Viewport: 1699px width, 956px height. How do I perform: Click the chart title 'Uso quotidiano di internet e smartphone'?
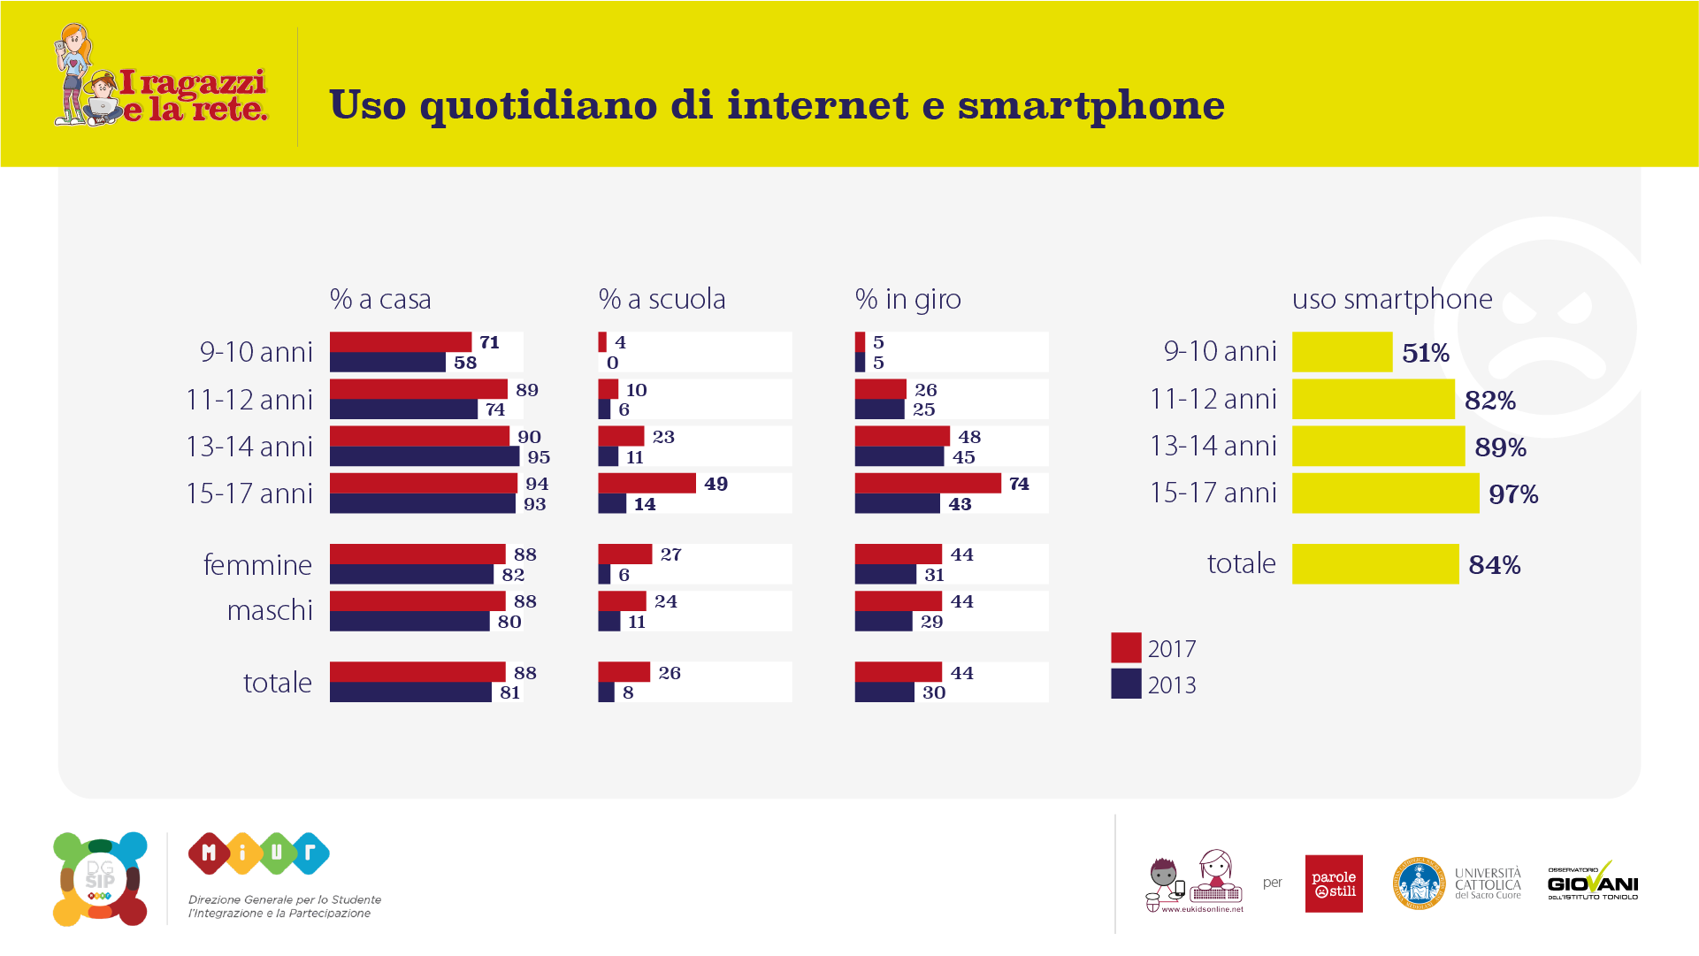click(x=777, y=105)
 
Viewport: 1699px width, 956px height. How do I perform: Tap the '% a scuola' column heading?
click(x=662, y=299)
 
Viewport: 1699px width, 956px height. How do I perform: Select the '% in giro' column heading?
click(x=907, y=299)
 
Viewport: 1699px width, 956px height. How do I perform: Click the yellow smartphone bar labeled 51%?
click(x=1342, y=352)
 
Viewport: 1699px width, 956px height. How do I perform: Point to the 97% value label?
click(x=1512, y=494)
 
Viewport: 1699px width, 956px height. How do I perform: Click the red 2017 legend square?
click(x=1126, y=647)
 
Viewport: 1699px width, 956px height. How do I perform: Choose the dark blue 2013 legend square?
click(x=1126, y=684)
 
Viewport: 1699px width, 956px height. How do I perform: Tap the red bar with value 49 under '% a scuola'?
click(x=647, y=483)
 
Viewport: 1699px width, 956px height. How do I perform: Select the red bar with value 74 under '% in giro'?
click(x=927, y=483)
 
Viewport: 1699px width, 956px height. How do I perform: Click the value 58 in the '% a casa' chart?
click(x=465, y=363)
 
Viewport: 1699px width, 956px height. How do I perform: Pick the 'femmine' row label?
click(x=257, y=564)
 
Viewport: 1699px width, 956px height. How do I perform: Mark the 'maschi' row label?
click(x=270, y=610)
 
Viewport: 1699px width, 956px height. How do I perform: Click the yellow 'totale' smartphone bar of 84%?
click(x=1374, y=564)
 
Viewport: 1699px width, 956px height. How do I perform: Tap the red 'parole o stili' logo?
click(x=1333, y=883)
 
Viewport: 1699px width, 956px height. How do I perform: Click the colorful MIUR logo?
click(x=258, y=853)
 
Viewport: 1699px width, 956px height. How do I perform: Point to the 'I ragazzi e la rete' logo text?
click(x=193, y=96)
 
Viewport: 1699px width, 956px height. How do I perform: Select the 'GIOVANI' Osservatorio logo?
click(x=1592, y=883)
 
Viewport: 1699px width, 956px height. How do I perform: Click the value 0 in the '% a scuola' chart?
click(x=612, y=363)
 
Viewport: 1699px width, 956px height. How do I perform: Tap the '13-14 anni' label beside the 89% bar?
click(x=1213, y=446)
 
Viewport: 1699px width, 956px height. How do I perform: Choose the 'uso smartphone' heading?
click(x=1391, y=299)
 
